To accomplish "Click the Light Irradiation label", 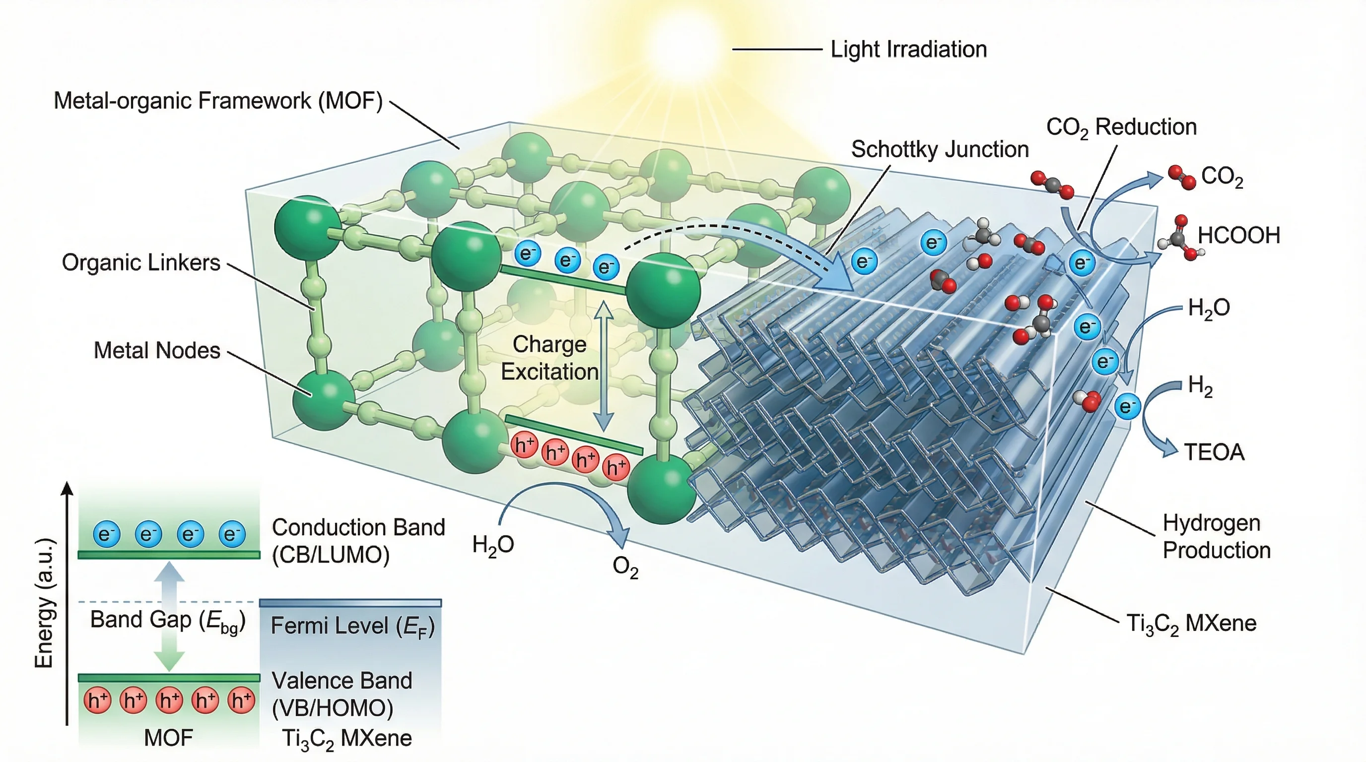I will point(908,49).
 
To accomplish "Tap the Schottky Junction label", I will point(940,149).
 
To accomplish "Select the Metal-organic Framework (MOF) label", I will point(218,101).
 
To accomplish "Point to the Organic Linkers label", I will point(141,263).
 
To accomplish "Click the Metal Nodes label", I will point(156,351).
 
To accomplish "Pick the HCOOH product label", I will point(1238,235).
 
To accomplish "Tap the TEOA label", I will point(1214,452).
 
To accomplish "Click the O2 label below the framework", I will point(625,567).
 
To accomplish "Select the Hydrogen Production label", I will point(1217,536).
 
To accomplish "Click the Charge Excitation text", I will point(549,358).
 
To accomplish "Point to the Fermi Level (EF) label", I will point(352,627).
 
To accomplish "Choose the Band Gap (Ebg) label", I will point(168,620).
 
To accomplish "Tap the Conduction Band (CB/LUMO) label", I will point(358,541).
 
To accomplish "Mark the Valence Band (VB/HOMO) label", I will point(341,694).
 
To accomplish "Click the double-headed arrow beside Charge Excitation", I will point(603,366).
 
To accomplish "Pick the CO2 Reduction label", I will point(1121,127).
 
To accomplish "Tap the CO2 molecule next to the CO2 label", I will point(1182,177).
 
